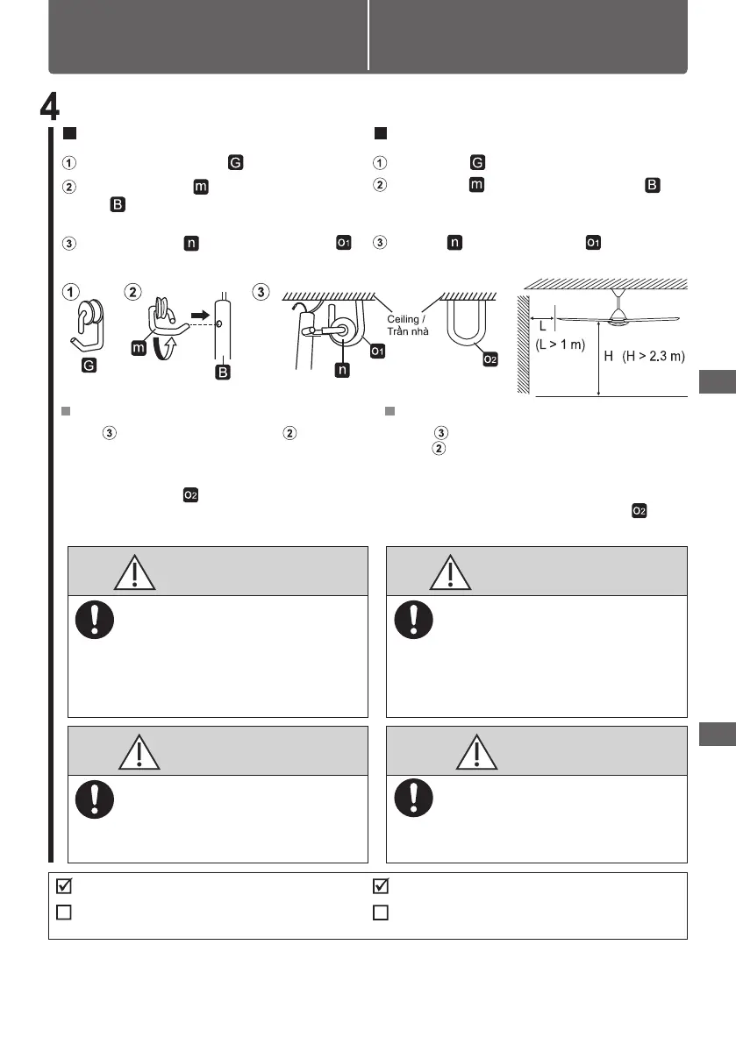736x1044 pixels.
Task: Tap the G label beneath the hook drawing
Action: (89, 366)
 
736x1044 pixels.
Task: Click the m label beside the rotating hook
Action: (138, 349)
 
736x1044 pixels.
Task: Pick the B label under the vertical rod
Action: (223, 373)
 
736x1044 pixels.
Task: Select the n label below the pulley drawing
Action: (343, 371)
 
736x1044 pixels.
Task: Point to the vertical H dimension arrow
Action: (598, 359)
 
